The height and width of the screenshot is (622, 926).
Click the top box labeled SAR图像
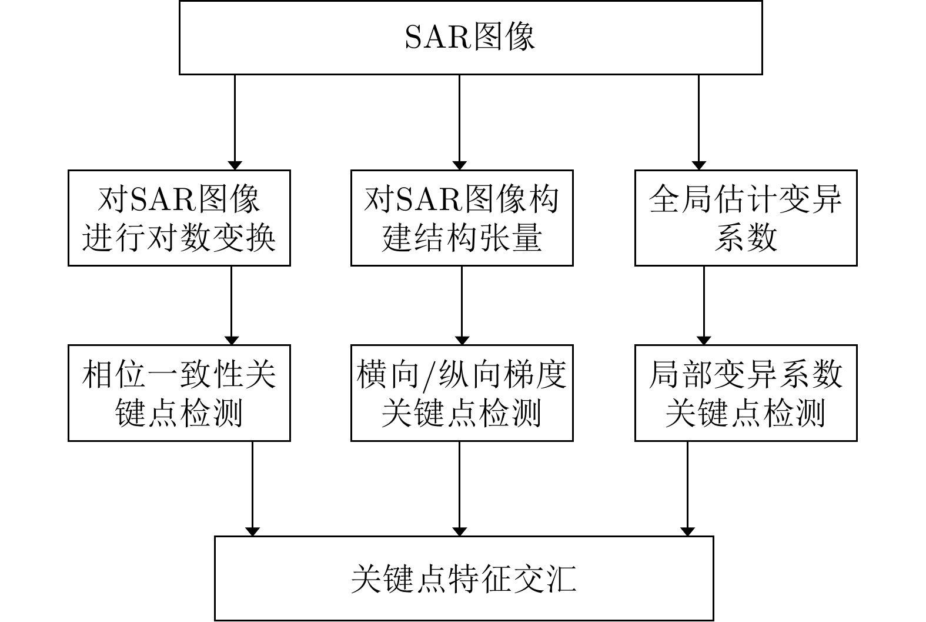click(x=470, y=37)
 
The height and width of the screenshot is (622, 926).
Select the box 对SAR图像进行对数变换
click(x=179, y=218)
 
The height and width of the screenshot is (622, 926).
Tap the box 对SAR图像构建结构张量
click(x=462, y=218)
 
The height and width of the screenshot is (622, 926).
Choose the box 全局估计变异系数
click(x=746, y=218)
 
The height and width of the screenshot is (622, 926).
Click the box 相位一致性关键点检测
click(x=179, y=393)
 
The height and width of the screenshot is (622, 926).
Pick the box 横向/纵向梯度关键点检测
click(x=462, y=393)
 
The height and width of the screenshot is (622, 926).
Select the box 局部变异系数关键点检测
click(x=746, y=393)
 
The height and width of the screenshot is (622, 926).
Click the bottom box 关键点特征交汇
click(x=464, y=578)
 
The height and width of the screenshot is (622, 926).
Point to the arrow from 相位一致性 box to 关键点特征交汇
click(x=252, y=488)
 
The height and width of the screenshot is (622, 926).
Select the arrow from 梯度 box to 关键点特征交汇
click(x=459, y=488)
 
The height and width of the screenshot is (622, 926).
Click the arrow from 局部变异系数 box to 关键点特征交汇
click(x=687, y=488)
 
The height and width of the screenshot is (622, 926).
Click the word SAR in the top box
click(x=436, y=38)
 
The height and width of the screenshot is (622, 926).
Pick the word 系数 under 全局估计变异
click(x=746, y=238)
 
